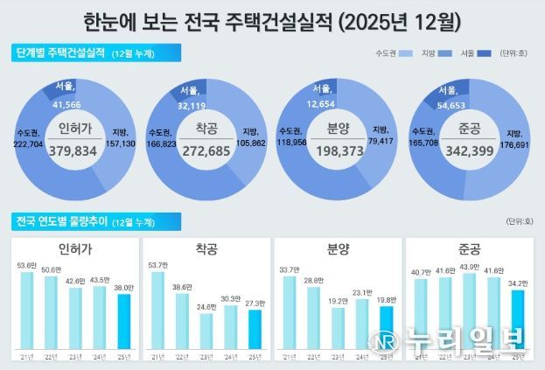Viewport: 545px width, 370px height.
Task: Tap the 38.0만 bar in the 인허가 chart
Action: (124, 325)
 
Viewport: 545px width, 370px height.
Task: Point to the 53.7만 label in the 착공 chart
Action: (157, 263)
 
